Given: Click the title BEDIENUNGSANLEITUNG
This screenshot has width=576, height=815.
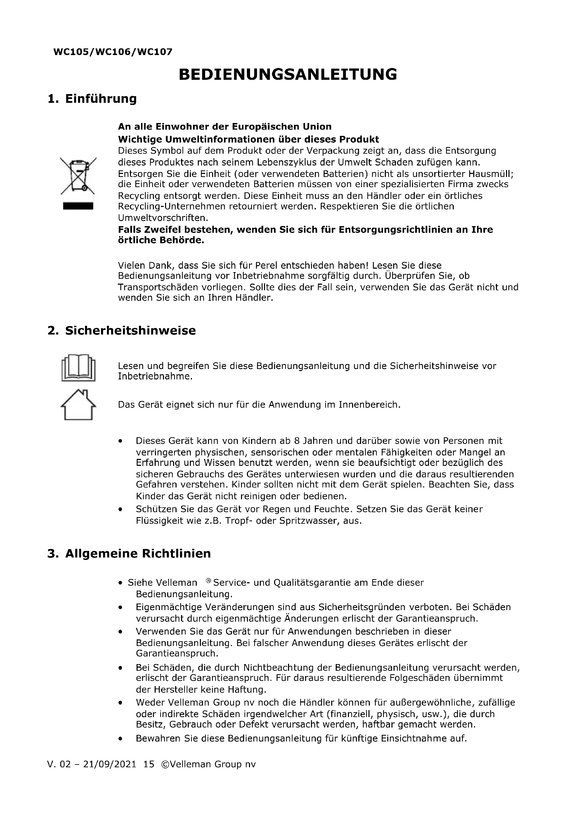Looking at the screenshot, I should pos(288,74).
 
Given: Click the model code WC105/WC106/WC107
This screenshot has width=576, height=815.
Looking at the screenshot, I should pos(113,52).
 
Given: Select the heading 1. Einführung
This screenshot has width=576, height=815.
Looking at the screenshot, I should pos(92,98).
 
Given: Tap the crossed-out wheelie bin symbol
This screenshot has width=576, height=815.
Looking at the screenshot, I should pos(78,176).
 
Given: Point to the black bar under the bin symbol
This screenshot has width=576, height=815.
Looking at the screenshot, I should pos(78,206).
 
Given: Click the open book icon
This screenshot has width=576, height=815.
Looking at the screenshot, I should pos(78,367).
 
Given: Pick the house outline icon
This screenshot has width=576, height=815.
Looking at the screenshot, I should pos(78,405).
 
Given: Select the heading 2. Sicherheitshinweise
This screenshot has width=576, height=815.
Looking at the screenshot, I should pos(121,330).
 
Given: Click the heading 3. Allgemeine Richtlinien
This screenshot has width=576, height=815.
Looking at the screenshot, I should pos(129,553).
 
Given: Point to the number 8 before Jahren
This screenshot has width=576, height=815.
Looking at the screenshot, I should pos(297,441).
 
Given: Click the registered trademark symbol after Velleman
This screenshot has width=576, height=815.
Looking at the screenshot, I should pos(208,581).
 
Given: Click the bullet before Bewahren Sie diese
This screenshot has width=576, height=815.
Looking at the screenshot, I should pos(120,739).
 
